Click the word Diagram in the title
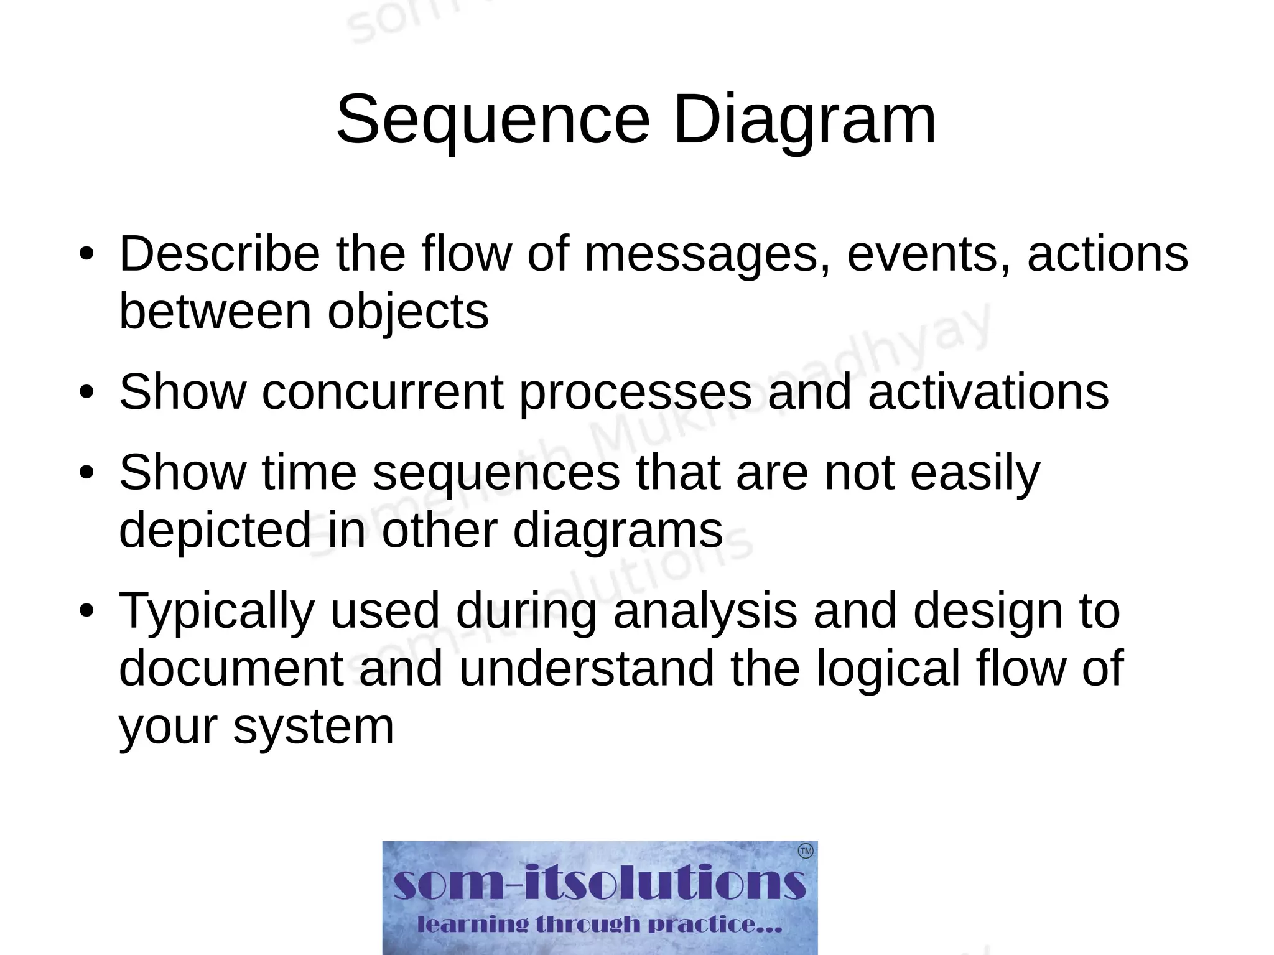(x=804, y=119)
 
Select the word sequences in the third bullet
(x=496, y=472)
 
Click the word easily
(x=975, y=472)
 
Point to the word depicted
(x=214, y=530)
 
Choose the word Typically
(x=216, y=611)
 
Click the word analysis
(x=705, y=611)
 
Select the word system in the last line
(x=314, y=726)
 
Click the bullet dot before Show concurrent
(x=86, y=393)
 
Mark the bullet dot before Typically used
(x=86, y=611)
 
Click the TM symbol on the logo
(x=805, y=850)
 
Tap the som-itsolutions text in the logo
(x=599, y=883)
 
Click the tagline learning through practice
(x=599, y=925)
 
